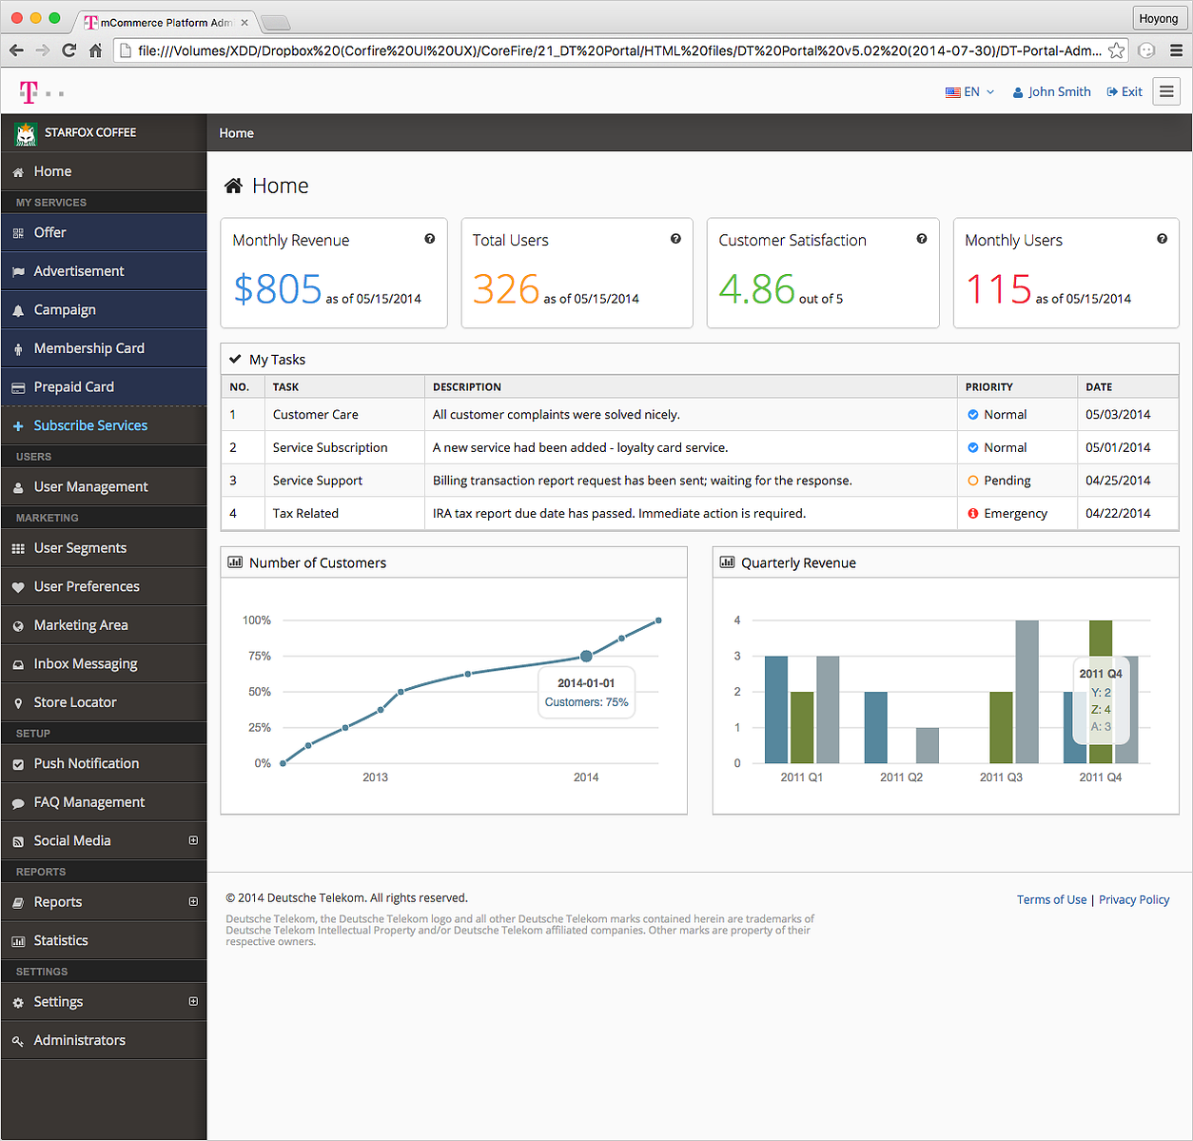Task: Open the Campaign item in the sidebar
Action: click(x=65, y=309)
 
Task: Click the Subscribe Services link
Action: click(x=90, y=425)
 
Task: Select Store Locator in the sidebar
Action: click(x=75, y=702)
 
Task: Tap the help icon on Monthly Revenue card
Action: click(x=430, y=239)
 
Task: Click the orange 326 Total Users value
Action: click(x=506, y=288)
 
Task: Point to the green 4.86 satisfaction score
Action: click(x=756, y=288)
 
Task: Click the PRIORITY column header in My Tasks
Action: click(x=988, y=387)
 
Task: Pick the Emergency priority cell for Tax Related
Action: click(x=1016, y=513)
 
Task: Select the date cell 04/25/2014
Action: click(x=1118, y=480)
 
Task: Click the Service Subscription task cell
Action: click(x=330, y=447)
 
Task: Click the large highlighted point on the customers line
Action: click(x=586, y=656)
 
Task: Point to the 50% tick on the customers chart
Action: click(x=260, y=692)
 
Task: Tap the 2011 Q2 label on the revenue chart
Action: click(x=901, y=777)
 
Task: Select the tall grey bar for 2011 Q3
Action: click(x=1027, y=692)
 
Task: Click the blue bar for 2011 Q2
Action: click(x=875, y=727)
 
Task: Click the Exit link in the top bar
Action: click(x=1125, y=92)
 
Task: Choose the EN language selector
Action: click(x=969, y=92)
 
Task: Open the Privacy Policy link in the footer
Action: click(x=1133, y=899)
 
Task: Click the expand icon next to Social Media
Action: click(x=193, y=840)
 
